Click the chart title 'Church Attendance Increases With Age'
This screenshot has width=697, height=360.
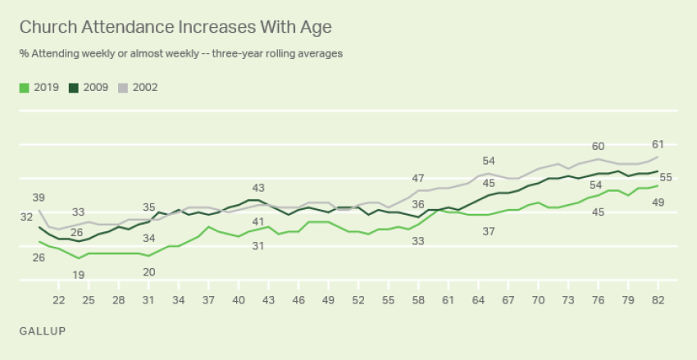coord(175,27)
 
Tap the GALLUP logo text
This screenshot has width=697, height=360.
coord(42,330)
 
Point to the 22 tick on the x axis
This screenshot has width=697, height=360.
coord(58,301)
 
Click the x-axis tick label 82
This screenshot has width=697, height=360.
coord(658,301)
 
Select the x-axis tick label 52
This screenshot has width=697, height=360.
coord(358,301)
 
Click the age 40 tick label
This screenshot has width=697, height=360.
coord(239,301)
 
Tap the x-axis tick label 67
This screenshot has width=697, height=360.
coord(508,301)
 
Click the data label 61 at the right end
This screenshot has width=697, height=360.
coord(658,143)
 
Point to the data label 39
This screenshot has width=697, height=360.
coord(39,198)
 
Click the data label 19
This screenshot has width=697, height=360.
coord(79,275)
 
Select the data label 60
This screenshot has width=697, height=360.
coord(599,146)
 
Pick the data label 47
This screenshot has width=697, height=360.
coord(418,178)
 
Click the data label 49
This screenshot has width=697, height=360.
coord(658,203)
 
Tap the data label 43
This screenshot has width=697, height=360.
coord(258,188)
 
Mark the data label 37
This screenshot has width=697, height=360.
coord(489,232)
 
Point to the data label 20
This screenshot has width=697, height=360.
coord(149,272)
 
